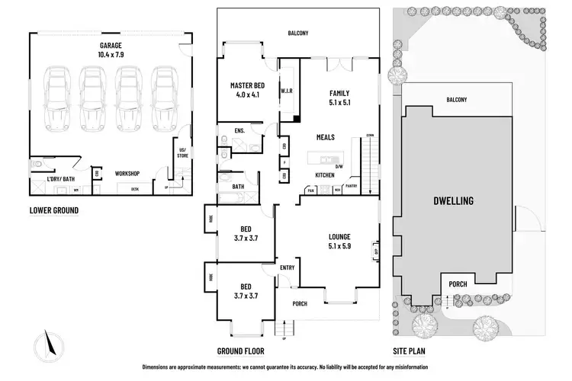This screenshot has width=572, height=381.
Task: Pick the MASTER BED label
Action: [246, 85]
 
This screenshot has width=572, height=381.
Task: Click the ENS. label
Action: [240, 131]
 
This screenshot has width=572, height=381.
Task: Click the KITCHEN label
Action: [326, 175]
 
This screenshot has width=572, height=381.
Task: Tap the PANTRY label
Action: [351, 185]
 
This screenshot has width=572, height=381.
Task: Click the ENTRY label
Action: [287, 267]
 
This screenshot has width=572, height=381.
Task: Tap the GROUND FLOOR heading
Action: [241, 351]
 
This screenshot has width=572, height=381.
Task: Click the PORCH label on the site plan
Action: [458, 285]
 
